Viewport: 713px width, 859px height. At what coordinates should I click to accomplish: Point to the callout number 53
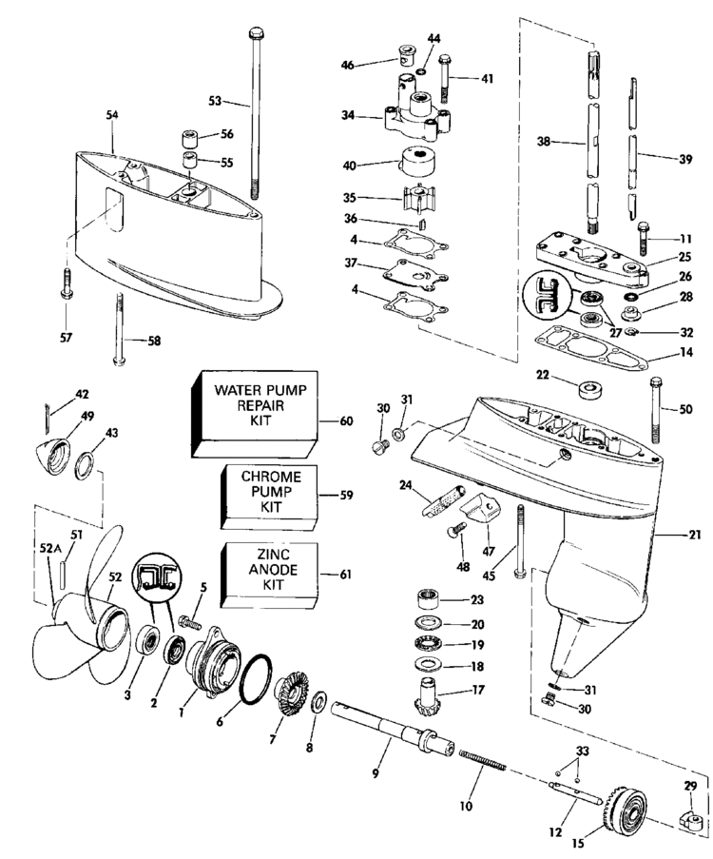click(x=215, y=100)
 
